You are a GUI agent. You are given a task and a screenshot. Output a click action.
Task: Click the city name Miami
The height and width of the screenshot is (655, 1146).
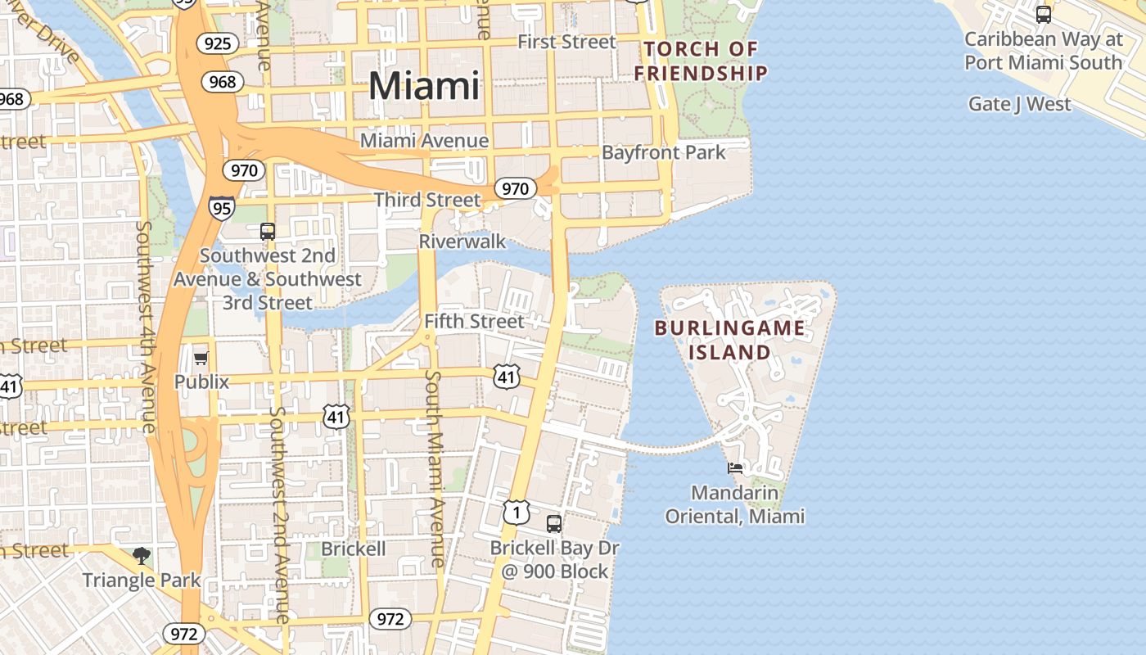click(x=424, y=86)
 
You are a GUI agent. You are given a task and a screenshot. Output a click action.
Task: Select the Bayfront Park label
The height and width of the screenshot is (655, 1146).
click(x=663, y=152)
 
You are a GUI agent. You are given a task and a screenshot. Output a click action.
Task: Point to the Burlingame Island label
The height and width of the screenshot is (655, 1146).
click(x=729, y=341)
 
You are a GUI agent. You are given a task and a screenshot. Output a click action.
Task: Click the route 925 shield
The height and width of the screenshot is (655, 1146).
click(x=217, y=43)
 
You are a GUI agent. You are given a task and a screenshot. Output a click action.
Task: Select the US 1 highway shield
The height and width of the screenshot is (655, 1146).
click(x=516, y=513)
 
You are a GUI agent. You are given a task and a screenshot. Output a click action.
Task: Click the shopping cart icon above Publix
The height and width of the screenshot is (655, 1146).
click(x=201, y=359)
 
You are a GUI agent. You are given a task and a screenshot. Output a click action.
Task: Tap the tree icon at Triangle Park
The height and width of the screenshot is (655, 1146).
click(x=142, y=557)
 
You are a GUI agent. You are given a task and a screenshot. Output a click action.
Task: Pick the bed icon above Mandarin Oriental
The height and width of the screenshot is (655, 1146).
click(x=735, y=469)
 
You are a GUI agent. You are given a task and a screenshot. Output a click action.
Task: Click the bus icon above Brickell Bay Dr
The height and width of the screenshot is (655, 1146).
click(x=554, y=523)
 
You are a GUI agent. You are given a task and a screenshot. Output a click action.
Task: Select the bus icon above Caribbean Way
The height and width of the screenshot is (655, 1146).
click(x=1043, y=14)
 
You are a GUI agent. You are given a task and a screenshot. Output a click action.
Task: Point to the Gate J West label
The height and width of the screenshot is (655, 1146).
click(x=1019, y=104)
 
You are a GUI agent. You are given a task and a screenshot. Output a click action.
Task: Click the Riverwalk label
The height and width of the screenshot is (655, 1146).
click(x=462, y=242)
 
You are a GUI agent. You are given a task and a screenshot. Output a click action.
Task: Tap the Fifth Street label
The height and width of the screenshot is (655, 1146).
click(x=474, y=321)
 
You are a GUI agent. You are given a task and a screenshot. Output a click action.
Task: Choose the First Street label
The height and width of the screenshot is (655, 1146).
click(x=566, y=42)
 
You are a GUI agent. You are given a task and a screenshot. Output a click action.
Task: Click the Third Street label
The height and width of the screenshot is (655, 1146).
click(x=427, y=200)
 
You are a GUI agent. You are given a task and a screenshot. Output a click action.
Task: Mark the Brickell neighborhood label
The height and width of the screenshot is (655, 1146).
click(x=353, y=549)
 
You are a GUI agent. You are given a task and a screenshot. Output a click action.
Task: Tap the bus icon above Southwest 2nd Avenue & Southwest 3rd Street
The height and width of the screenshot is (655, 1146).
click(x=268, y=232)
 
